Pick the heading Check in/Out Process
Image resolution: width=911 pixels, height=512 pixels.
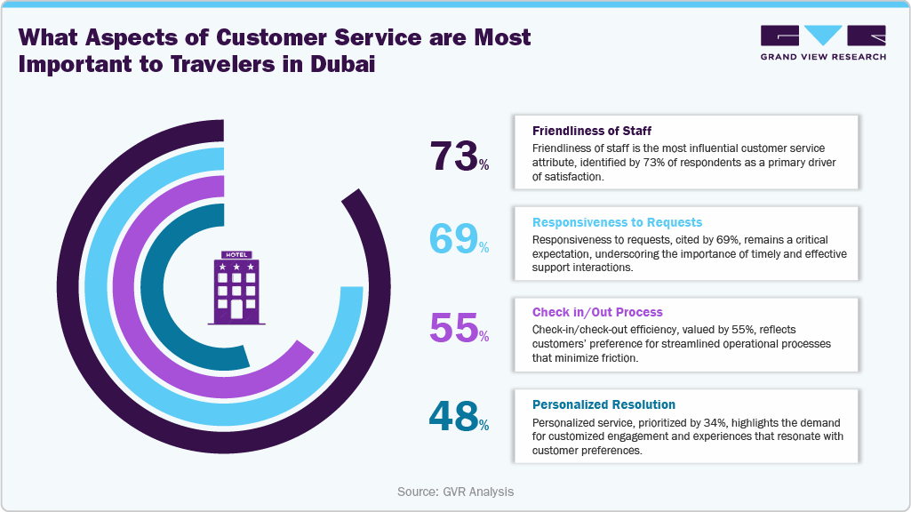597,313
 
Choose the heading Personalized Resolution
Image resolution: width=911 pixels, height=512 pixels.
603,404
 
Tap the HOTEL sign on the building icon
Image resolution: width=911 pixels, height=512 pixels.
237,254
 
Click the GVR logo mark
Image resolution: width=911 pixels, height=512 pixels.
823,36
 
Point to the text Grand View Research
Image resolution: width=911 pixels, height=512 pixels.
823,57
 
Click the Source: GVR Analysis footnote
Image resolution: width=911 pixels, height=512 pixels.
455,492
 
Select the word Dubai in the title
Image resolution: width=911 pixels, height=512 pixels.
335,68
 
